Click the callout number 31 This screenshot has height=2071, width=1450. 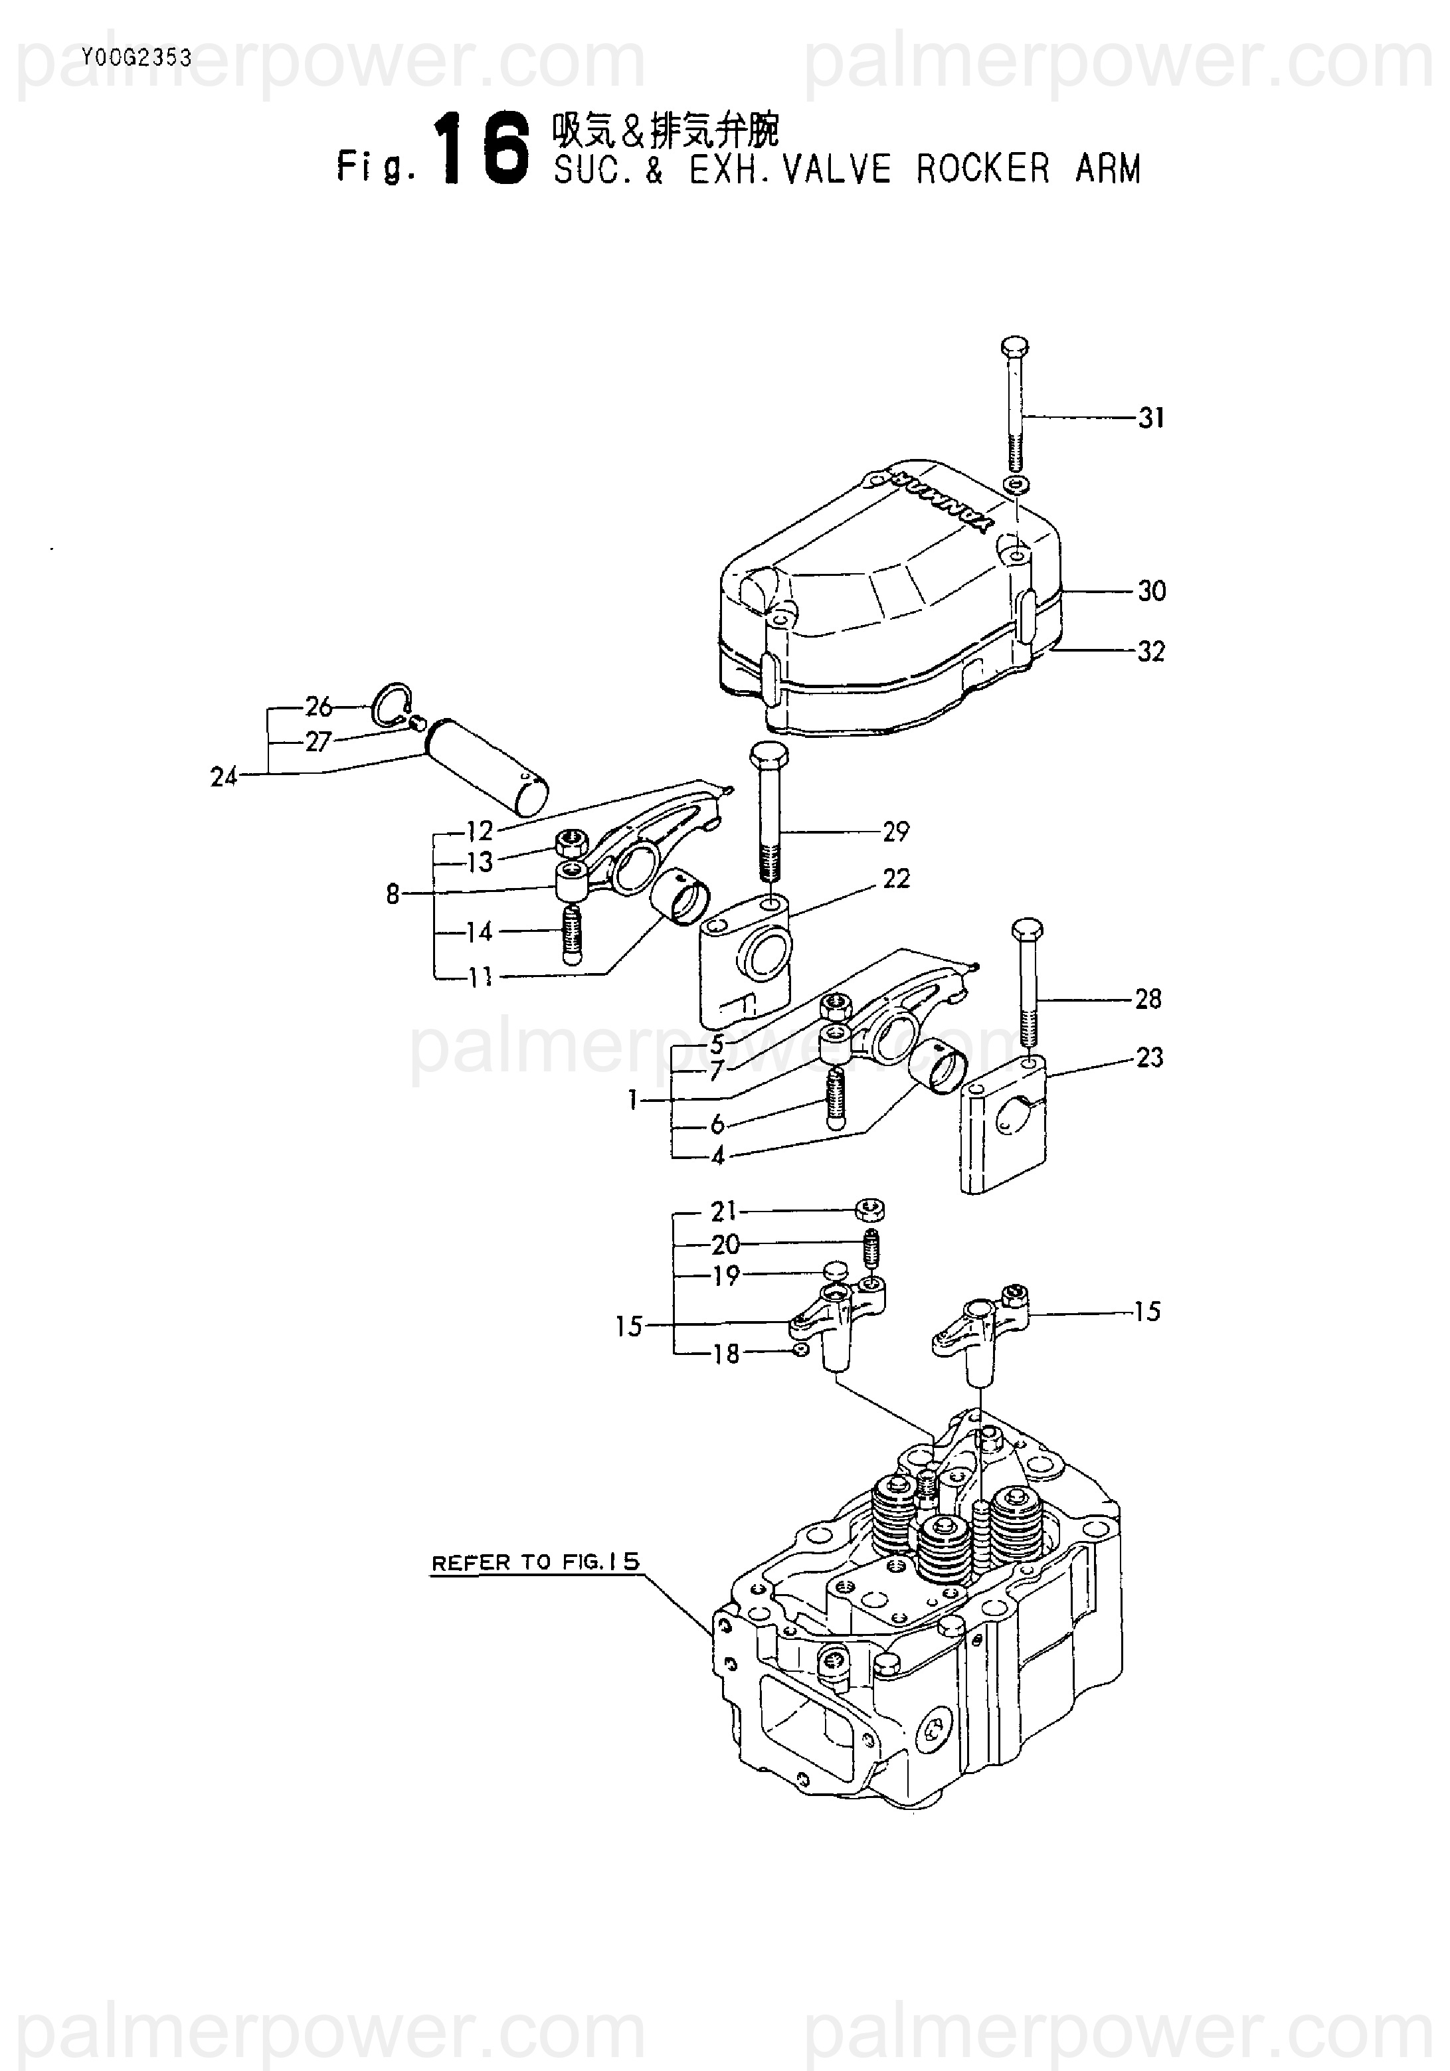[1150, 418]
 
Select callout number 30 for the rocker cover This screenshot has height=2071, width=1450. [1150, 592]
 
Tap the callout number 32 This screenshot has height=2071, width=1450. [1150, 651]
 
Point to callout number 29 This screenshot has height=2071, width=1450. [895, 832]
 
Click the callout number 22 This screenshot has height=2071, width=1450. [895, 879]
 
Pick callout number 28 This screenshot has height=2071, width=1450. [1148, 998]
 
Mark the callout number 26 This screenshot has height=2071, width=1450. [319, 706]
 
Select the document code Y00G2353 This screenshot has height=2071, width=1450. [136, 58]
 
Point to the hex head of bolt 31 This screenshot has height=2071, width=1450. [1015, 346]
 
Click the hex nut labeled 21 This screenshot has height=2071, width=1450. [871, 1210]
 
